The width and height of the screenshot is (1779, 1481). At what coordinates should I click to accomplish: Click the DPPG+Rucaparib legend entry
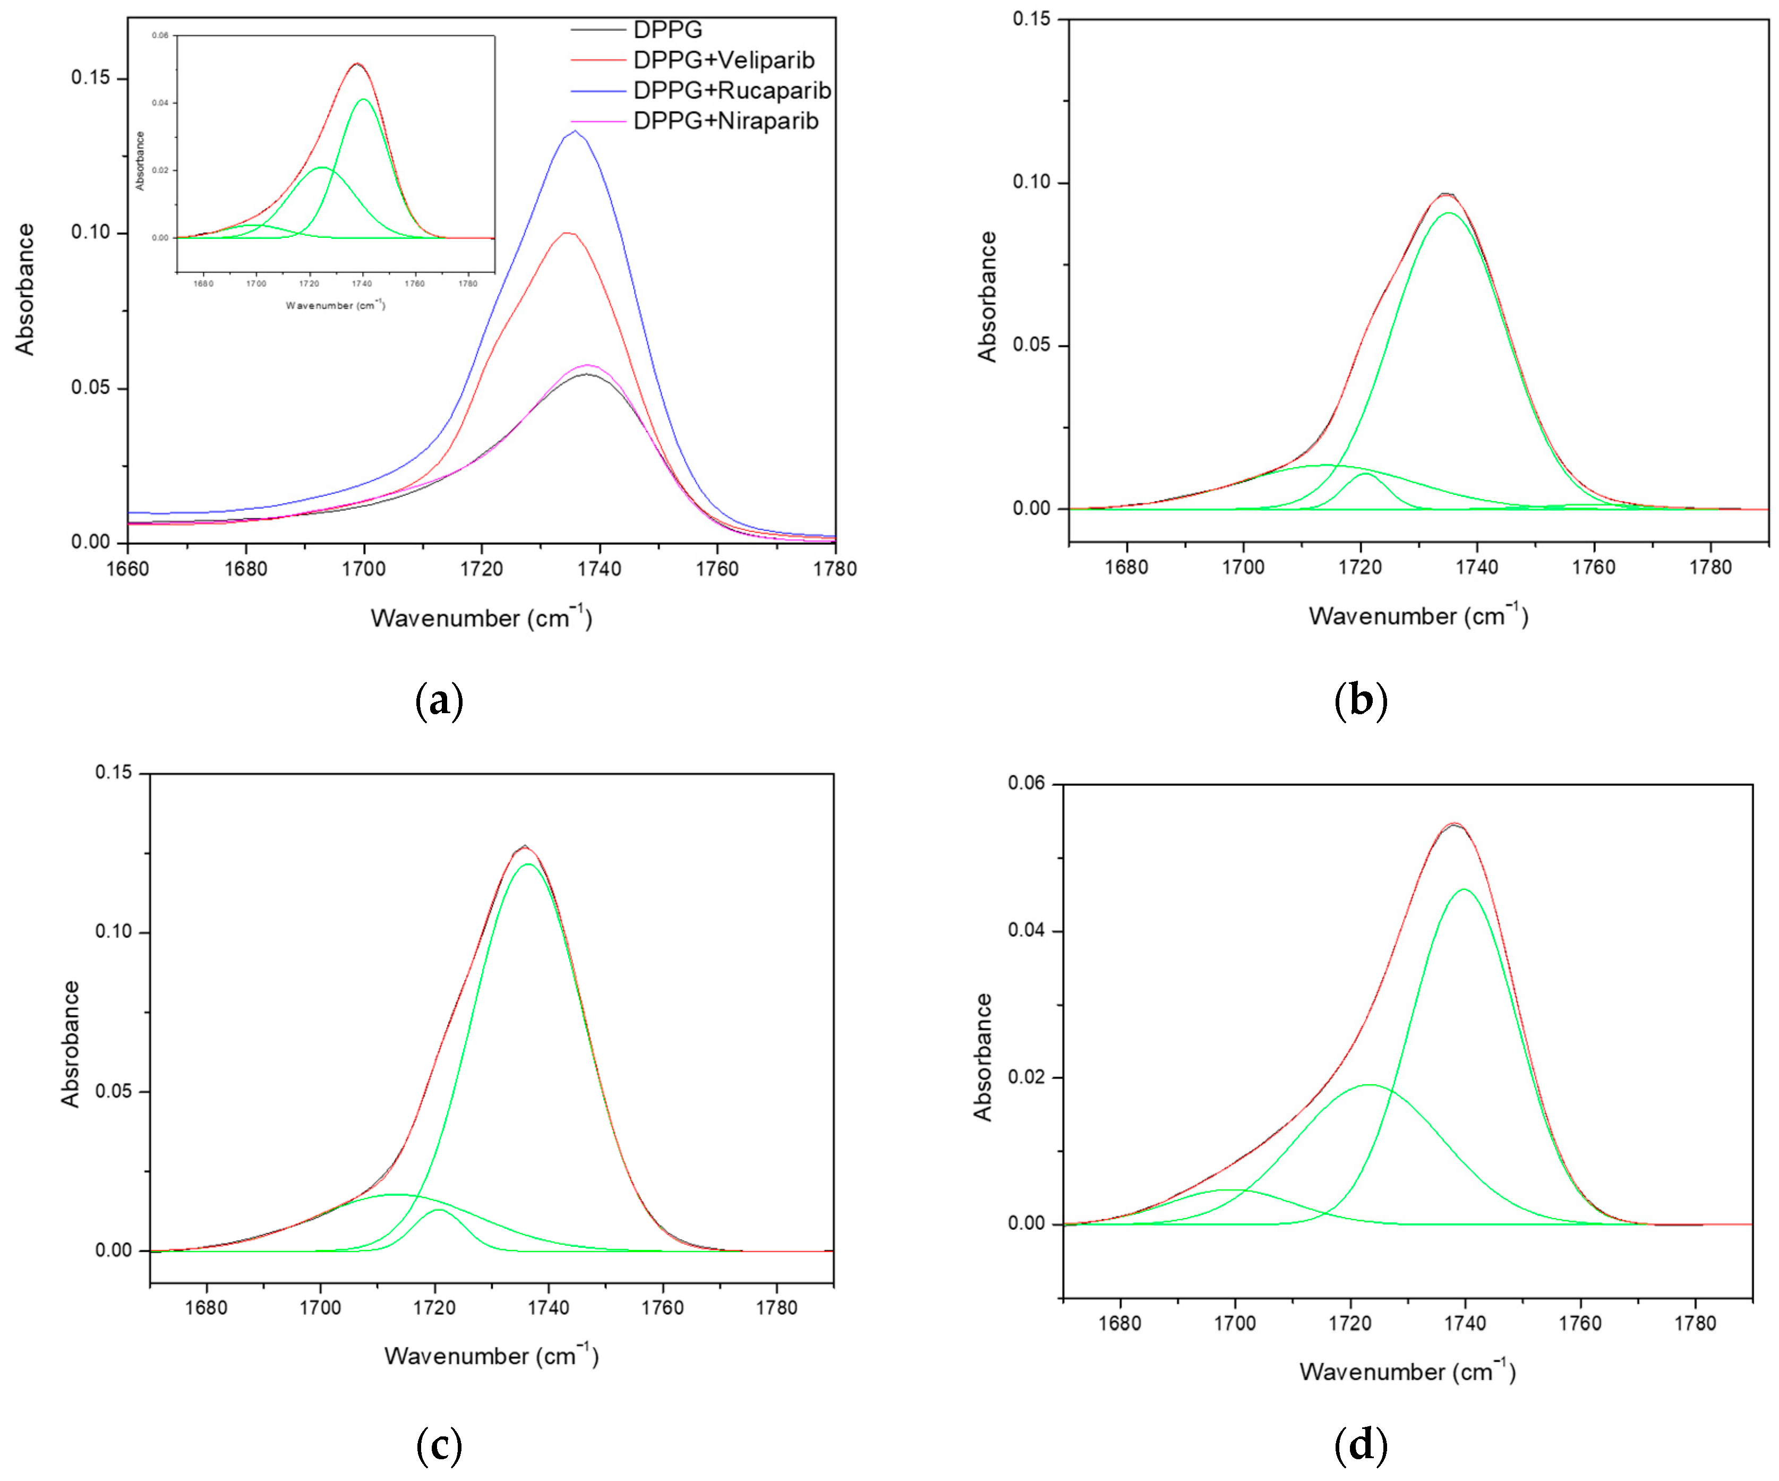click(x=732, y=91)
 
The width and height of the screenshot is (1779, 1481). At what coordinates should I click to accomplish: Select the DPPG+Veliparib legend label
click(x=723, y=60)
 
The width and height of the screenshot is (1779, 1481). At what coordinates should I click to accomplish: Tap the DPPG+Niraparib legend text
click(x=726, y=121)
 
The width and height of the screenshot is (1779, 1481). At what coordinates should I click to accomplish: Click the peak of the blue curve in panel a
click(x=575, y=131)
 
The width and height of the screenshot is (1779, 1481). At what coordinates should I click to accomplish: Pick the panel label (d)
click(x=1361, y=1446)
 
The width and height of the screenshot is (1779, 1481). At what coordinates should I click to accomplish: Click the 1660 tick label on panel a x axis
click(x=128, y=569)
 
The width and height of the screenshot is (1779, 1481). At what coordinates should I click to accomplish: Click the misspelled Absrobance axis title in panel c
click(x=70, y=1044)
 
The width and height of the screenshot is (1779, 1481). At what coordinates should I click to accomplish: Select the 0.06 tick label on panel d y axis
click(x=1026, y=784)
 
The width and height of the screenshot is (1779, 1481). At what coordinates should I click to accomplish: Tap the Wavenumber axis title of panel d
click(x=1407, y=1372)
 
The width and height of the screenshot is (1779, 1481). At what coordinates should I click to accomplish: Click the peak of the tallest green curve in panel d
click(x=1464, y=889)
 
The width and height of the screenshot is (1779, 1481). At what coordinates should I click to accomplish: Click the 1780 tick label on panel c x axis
click(x=776, y=1307)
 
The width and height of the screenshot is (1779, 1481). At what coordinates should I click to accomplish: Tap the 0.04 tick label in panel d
click(x=1026, y=930)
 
